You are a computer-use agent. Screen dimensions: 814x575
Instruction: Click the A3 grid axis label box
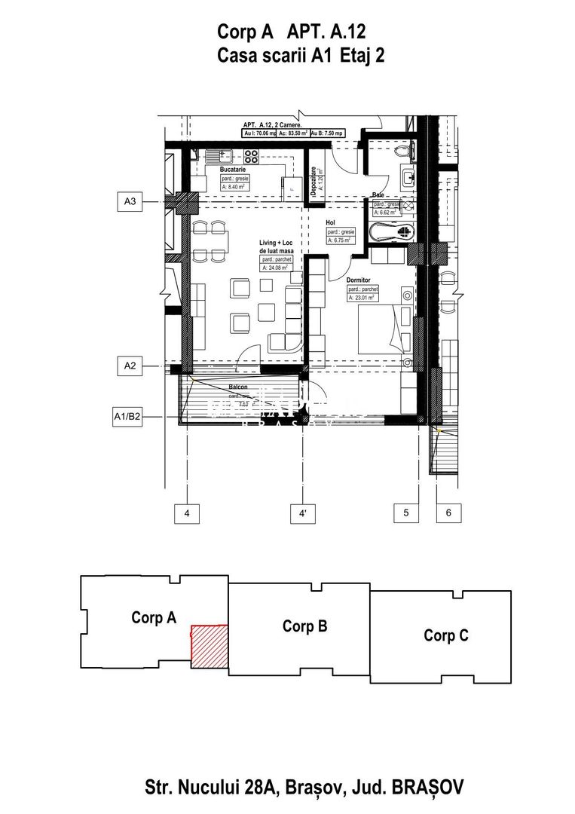(x=130, y=202)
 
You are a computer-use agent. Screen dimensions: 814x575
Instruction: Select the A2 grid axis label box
(x=130, y=367)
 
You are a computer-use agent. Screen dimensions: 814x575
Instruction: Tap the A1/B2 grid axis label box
(x=127, y=415)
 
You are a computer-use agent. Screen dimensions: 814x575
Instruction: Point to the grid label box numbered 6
(x=448, y=513)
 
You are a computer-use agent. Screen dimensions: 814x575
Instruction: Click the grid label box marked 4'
(x=302, y=514)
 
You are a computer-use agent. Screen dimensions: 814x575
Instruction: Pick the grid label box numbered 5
(x=406, y=513)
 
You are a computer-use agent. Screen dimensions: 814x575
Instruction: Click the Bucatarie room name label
(x=233, y=170)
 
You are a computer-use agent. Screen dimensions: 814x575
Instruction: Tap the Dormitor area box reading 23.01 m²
(x=363, y=297)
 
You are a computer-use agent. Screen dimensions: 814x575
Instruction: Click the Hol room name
(x=330, y=223)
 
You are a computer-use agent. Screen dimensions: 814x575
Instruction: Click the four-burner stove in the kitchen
(x=251, y=158)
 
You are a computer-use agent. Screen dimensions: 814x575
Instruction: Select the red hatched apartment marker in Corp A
(x=209, y=646)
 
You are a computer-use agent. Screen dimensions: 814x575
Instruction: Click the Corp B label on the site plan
(x=304, y=626)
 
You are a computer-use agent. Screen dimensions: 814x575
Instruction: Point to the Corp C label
(x=446, y=635)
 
